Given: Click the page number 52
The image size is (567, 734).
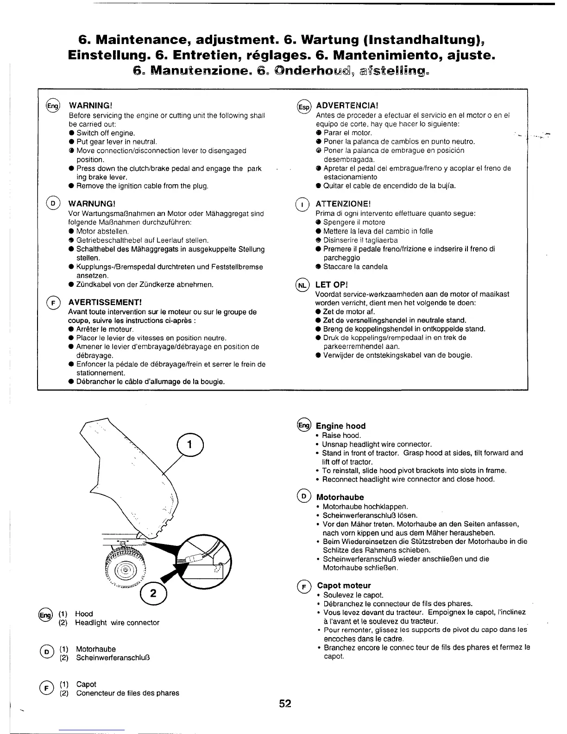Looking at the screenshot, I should (285, 703).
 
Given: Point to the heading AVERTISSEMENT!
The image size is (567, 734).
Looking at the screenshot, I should (104, 302).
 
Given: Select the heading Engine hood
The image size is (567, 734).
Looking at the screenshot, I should (340, 426).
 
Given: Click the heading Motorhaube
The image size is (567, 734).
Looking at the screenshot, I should (340, 497).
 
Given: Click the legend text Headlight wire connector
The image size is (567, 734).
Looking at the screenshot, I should (117, 623).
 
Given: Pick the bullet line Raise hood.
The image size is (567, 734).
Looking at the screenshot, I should (341, 436).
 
